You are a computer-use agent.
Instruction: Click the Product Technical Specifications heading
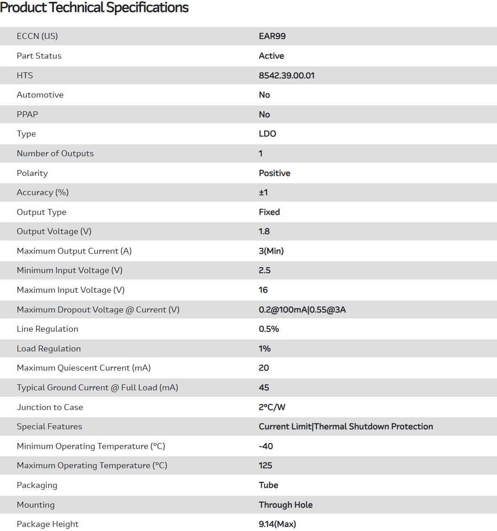click(x=94, y=8)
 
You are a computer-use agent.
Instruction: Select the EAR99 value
click(x=272, y=36)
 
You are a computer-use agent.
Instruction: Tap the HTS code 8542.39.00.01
click(x=286, y=76)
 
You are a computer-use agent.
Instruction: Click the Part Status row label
click(x=39, y=56)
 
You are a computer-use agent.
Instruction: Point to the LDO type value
click(x=267, y=134)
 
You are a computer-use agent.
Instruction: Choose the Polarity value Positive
click(x=274, y=173)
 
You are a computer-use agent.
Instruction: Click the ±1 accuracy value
click(x=263, y=192)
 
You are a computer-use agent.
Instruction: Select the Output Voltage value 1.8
click(x=264, y=231)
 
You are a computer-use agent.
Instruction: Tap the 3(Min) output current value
click(x=271, y=251)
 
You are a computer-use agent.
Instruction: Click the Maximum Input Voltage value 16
click(x=263, y=290)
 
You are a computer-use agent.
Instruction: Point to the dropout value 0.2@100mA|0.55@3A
click(x=302, y=310)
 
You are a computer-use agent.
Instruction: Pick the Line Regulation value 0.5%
click(x=268, y=329)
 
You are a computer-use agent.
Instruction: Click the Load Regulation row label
click(x=49, y=349)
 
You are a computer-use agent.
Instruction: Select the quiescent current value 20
click(x=263, y=368)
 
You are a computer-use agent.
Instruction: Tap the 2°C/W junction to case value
click(x=272, y=407)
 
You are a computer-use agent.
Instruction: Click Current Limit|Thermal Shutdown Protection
click(x=345, y=427)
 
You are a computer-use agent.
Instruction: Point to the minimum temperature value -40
click(x=266, y=446)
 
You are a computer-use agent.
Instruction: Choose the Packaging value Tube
click(x=268, y=485)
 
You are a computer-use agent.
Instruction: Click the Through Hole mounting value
click(x=285, y=505)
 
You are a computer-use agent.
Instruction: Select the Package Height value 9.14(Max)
click(x=277, y=524)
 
